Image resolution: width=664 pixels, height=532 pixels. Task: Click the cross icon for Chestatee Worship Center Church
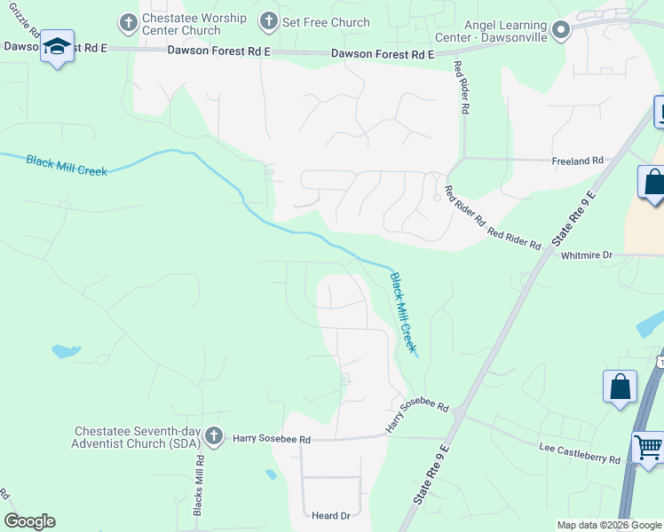click(129, 21)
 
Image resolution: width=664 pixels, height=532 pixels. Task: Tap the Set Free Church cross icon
click(267, 21)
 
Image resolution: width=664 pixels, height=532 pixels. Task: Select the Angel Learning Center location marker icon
click(560, 31)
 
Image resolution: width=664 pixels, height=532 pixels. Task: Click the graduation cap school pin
click(57, 49)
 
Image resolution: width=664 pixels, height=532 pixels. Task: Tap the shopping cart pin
click(649, 446)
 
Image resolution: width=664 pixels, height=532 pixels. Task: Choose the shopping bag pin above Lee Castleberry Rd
click(620, 387)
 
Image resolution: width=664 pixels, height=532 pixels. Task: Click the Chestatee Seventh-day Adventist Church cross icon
click(213, 435)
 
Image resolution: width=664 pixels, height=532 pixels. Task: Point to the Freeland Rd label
click(578, 160)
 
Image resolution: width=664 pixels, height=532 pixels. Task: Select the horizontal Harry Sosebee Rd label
click(272, 439)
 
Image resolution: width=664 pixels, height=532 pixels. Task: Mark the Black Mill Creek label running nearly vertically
click(403, 312)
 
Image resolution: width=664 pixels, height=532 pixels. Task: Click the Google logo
click(29, 521)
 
